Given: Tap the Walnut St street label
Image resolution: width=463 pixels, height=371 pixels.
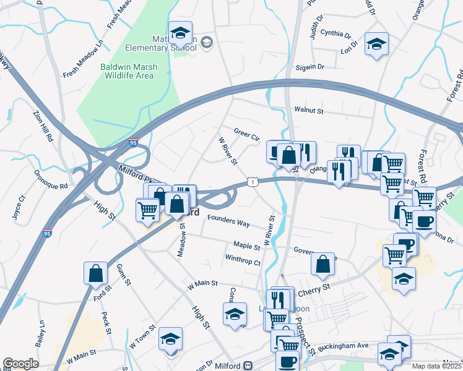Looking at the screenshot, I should (x=309, y=111).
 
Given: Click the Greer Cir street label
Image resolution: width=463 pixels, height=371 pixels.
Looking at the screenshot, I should (x=246, y=133).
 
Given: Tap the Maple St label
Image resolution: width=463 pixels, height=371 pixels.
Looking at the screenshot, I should (x=246, y=246).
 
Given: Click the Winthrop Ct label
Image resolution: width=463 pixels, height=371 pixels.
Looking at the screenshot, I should (x=243, y=261).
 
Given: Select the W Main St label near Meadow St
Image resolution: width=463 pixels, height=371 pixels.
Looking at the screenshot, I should (x=203, y=284).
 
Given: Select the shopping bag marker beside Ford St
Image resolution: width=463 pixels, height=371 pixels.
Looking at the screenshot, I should (x=96, y=273).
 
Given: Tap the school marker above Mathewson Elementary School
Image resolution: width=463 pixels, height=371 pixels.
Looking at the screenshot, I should (x=180, y=32).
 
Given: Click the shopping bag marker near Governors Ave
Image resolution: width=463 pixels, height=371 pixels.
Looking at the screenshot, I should (x=323, y=264).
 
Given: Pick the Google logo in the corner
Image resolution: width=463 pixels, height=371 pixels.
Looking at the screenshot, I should (x=20, y=364).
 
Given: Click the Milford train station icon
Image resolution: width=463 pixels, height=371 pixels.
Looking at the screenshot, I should (x=248, y=365).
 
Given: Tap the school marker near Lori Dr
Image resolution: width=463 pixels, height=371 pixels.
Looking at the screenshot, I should (x=376, y=44).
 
